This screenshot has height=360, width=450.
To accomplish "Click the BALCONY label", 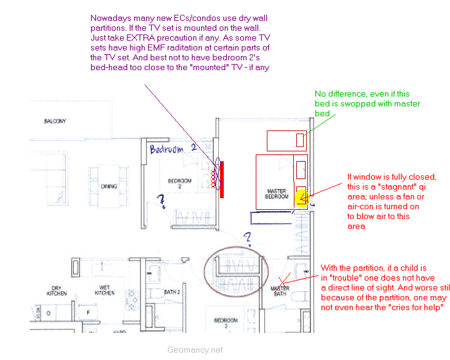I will [55, 121].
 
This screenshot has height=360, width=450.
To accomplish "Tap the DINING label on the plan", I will [110, 186].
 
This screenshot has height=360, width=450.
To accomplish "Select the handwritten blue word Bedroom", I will [167, 149].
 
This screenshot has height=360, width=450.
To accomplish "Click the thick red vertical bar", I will [222, 179].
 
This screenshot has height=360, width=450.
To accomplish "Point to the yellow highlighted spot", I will [302, 198].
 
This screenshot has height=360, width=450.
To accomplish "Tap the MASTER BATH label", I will [280, 290].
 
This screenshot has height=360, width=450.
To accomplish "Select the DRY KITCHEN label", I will [57, 289].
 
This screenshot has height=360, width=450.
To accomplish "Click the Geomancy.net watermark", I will [195, 350].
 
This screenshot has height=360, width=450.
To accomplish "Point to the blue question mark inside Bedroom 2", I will [162, 200].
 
